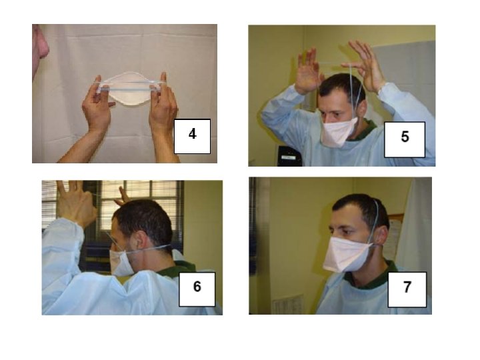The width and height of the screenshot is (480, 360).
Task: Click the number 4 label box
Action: point(192,136)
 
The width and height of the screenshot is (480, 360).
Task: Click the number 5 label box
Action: point(405,139)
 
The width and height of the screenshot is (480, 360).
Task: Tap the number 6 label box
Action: point(197,289)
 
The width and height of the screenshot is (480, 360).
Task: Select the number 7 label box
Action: point(407,289)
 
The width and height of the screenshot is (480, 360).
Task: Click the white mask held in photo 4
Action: point(129,89)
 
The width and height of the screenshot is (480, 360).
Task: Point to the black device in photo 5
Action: point(289,156)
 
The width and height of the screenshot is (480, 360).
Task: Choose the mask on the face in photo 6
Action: point(121,263)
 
